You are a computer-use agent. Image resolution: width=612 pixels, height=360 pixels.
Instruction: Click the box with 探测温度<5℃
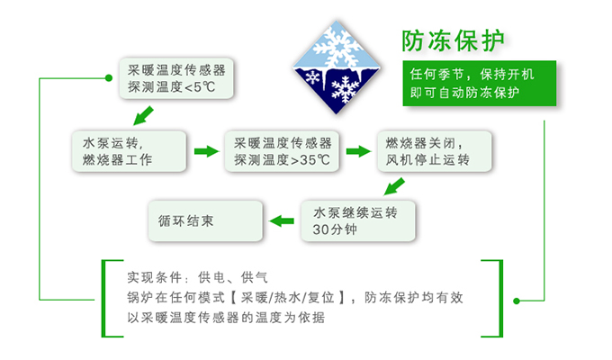tap(176, 78)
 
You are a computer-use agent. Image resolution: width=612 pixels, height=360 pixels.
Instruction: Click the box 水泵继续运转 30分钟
tap(361, 220)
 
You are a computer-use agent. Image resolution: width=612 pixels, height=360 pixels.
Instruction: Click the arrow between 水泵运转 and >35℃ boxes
tap(206, 151)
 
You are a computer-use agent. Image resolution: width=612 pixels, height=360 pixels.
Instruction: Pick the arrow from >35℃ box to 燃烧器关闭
tap(359, 151)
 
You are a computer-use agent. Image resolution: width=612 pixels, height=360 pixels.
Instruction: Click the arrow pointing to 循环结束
tap(283, 219)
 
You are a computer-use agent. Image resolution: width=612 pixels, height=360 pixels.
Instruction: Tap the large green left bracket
tap(107, 297)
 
